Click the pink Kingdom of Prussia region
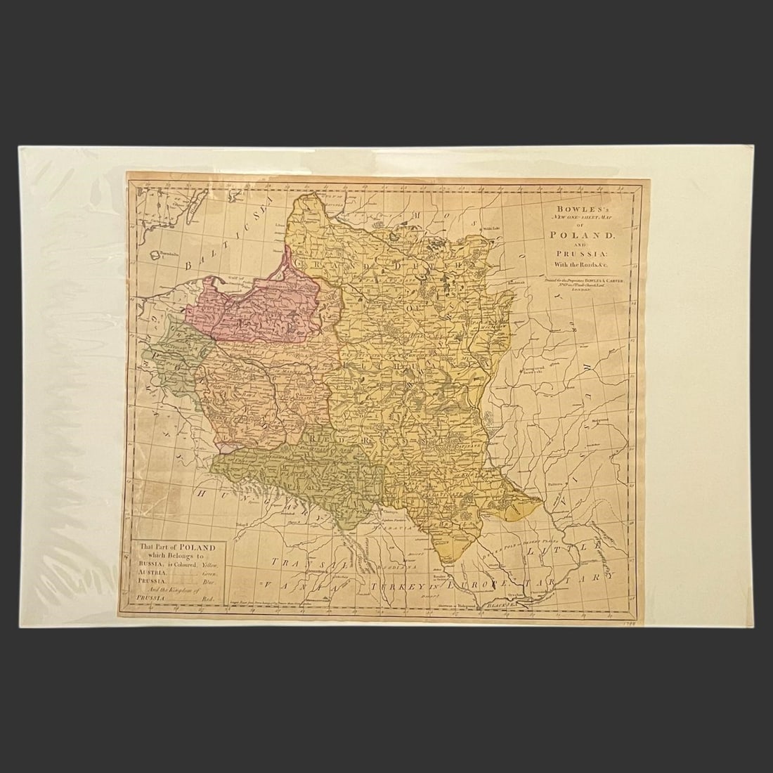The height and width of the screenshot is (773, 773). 260,309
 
